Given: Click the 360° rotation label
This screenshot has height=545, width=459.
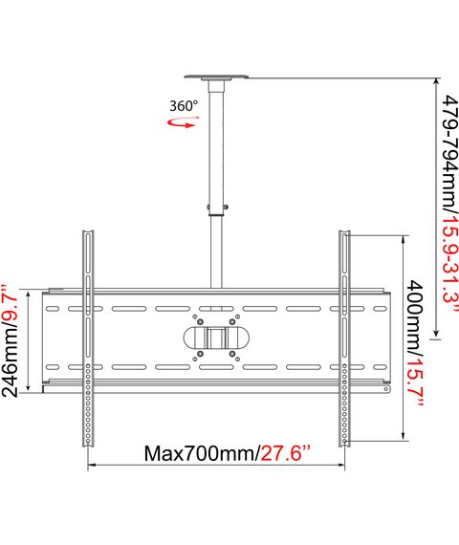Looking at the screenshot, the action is [184, 106].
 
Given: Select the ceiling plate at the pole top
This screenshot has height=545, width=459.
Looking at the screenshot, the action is [216, 77].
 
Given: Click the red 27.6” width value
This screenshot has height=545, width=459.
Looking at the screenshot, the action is [285, 453].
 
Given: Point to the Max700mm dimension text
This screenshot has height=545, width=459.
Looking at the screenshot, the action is [201, 453].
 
